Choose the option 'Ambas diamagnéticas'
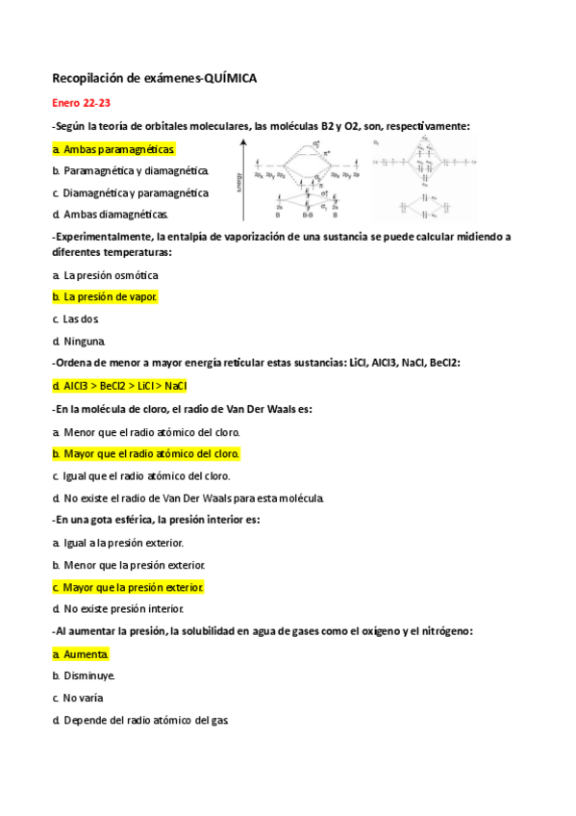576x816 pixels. click(111, 214)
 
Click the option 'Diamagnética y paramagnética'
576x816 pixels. click(131, 192)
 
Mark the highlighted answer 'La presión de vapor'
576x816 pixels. click(105, 297)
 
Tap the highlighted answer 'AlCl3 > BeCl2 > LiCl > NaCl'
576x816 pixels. click(119, 385)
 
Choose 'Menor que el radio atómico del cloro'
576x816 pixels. click(146, 432)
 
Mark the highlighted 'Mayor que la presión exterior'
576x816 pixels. click(128, 587)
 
